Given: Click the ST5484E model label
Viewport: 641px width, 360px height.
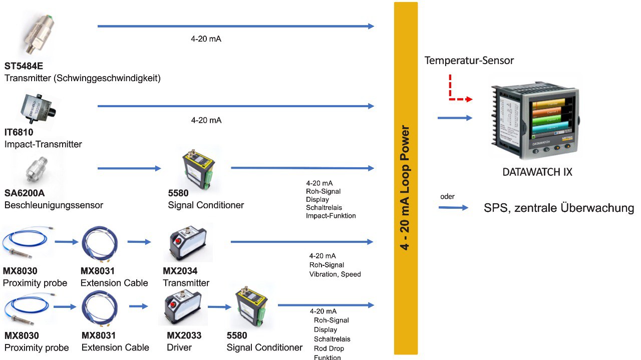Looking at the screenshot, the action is coord(24,66).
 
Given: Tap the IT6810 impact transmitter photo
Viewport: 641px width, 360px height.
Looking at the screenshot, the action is coord(39,109).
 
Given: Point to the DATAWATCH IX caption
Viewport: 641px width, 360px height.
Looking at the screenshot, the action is coord(537,172).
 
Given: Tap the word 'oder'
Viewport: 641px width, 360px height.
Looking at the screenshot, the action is coord(447,197).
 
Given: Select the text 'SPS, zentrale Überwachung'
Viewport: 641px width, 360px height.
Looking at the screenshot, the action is coord(558,208).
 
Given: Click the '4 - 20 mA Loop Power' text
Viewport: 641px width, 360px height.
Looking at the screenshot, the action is coord(405,187).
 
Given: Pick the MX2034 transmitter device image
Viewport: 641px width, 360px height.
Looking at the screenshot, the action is coord(188,243).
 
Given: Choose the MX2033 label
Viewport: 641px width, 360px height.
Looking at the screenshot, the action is coord(184,335).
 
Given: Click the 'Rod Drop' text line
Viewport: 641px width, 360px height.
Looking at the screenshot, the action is coord(329,348).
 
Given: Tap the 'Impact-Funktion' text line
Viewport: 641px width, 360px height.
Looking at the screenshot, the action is coord(331,216).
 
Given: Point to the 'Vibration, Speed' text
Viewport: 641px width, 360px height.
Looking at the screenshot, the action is coord(335,274).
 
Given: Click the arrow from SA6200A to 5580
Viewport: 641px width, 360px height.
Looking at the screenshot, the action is coord(129,168).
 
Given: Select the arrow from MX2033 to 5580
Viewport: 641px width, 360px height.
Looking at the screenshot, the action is coord(219,307).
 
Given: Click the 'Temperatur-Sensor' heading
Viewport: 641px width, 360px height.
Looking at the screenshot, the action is coord(469,61).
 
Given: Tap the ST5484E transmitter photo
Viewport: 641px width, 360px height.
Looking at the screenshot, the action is coord(39,34).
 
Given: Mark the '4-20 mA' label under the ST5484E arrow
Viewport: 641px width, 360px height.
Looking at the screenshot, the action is coord(206,39).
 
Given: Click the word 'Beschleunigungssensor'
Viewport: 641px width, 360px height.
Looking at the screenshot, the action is coord(54,205).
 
